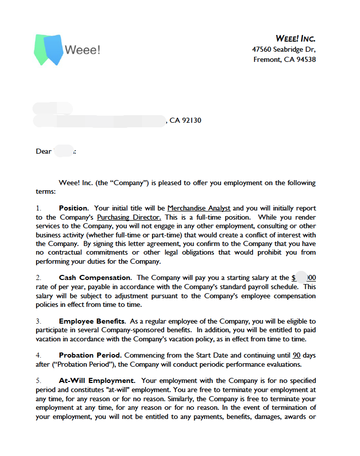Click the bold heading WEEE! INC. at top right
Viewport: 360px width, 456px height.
pyautogui.click(x=295, y=39)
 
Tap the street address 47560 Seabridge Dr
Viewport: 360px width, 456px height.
pyautogui.click(x=283, y=49)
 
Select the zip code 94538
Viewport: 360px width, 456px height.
pyautogui.click(x=306, y=59)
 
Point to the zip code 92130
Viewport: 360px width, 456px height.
pyautogui.click(x=192, y=120)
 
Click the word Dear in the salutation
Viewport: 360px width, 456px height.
pyautogui.click(x=44, y=151)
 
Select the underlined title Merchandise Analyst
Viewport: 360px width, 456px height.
pyautogui.click(x=199, y=208)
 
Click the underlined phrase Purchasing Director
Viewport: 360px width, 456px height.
pyautogui.click(x=129, y=217)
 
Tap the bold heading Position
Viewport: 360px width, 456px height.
pyautogui.click(x=74, y=208)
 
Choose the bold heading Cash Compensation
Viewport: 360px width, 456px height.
pyautogui.click(x=94, y=277)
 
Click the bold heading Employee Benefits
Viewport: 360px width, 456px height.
pyautogui.click(x=91, y=321)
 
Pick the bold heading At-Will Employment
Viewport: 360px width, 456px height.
pyautogui.click(x=96, y=380)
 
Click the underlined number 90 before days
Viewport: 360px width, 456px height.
pyautogui.click(x=297, y=355)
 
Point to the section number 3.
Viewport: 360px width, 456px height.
pyautogui.click(x=38, y=321)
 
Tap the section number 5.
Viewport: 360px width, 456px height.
pyautogui.click(x=38, y=380)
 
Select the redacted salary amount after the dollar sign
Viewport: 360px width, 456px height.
pyautogui.click(x=303, y=277)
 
